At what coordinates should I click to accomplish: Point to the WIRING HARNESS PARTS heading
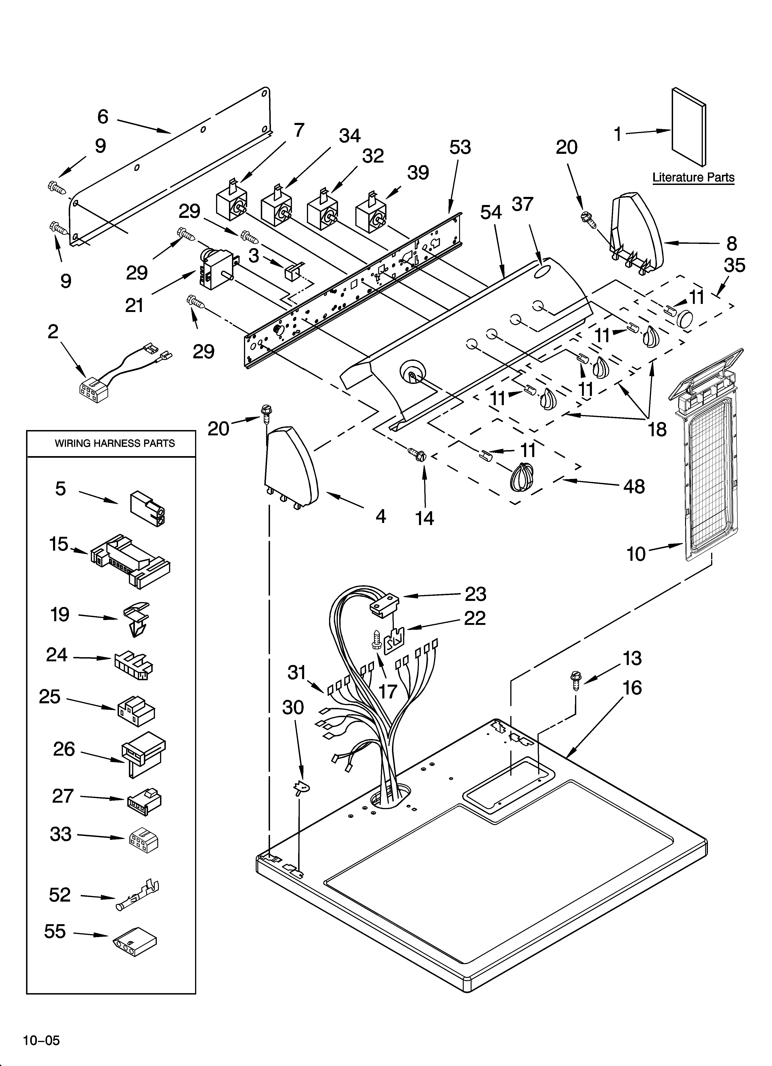[115, 443]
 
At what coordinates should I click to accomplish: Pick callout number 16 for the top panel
[632, 688]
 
